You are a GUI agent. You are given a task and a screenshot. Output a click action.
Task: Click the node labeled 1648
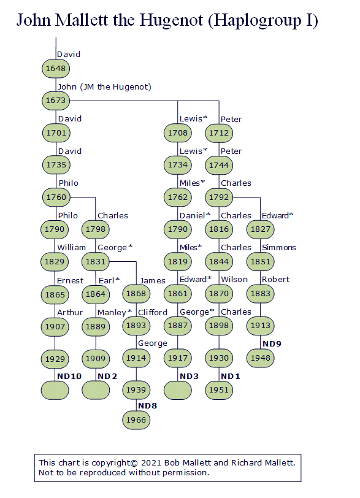point(56,69)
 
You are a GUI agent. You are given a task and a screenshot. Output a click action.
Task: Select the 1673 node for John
point(56,101)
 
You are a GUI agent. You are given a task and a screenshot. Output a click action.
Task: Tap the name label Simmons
point(278,247)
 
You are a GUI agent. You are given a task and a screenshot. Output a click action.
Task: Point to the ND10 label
point(69,377)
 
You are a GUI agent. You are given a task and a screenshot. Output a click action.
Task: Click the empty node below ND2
point(96,390)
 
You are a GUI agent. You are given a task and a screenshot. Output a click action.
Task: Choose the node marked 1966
point(136,420)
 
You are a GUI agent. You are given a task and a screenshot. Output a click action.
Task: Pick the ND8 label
point(147,406)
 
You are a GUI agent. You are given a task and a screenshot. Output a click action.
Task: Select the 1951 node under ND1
point(219,390)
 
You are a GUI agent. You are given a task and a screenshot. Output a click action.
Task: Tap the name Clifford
point(153,313)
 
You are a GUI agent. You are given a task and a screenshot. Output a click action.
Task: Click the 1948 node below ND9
point(260,358)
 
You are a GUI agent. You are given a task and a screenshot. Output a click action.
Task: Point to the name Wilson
point(234,280)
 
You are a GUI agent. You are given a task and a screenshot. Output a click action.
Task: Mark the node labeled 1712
point(219,133)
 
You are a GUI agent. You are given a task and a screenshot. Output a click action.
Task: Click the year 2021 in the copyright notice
point(151,463)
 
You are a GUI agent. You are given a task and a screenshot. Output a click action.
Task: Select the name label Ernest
point(70,281)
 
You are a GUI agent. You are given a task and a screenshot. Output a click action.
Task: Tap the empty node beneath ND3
point(178,390)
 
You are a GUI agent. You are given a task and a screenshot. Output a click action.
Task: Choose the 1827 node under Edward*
point(260,229)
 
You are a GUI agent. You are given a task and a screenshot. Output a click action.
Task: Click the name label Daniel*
point(195,216)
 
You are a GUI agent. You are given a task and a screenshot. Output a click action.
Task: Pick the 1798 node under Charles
point(96,229)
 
